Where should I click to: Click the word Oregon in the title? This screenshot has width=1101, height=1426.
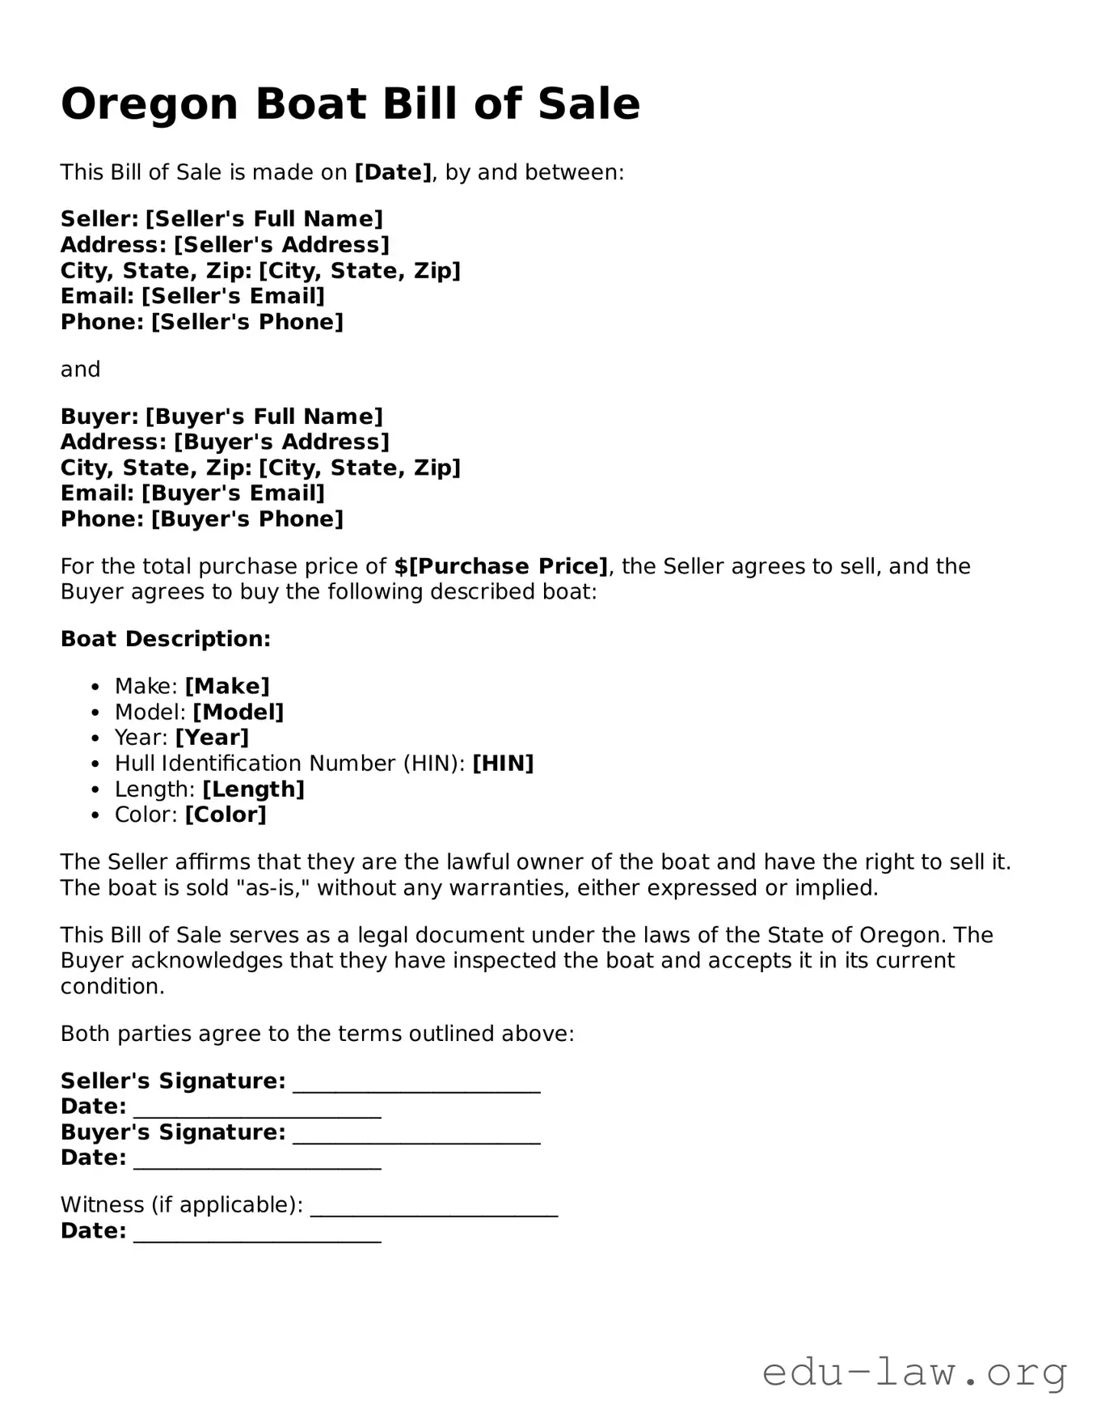pos(150,105)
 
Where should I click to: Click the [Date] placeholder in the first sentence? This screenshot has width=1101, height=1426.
pos(393,172)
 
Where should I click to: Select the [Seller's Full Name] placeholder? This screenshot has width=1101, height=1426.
pos(264,219)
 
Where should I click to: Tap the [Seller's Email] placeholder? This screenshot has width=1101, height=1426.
pos(233,296)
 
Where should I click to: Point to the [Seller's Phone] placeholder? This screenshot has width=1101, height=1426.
pos(247,322)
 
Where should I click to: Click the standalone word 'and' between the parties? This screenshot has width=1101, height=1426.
pos(81,370)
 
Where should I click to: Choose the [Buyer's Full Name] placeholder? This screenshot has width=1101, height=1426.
pos(264,417)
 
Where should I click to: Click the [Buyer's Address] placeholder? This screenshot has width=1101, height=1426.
pos(282,442)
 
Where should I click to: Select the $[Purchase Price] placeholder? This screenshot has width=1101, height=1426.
pos(501,566)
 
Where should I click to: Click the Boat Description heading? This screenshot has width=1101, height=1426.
pos(166,639)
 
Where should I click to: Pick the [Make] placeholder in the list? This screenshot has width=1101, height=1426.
pos(227,687)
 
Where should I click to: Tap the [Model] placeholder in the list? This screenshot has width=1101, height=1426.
pos(238,713)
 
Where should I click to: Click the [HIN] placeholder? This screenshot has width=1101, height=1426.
pos(503,764)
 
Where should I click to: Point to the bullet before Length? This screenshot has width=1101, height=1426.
pos(96,790)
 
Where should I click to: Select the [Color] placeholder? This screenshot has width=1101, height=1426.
pos(226,815)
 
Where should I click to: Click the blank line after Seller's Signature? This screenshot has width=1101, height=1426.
pos(416,1084)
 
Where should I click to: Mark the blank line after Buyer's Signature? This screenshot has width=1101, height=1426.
pos(416,1135)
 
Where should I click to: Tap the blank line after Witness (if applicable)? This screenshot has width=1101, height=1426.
pos(434,1207)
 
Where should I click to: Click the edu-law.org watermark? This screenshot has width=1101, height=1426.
pos(914,1373)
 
